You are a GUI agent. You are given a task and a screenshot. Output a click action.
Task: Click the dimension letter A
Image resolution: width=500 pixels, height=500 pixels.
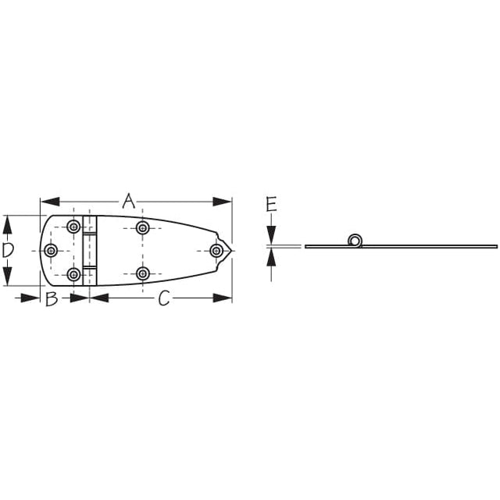tap(128, 201)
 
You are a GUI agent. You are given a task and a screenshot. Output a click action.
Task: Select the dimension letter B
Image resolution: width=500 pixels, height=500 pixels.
tap(52, 298)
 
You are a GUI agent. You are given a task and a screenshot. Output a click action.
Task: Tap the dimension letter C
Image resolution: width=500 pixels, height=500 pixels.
tap(164, 298)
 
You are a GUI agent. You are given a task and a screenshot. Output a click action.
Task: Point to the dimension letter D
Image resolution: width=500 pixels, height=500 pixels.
tap(7, 250)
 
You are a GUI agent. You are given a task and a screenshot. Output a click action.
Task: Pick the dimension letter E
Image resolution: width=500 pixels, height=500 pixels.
tap(271, 205)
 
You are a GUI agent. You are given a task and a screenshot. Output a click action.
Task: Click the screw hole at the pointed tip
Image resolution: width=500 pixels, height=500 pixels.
tap(216, 250)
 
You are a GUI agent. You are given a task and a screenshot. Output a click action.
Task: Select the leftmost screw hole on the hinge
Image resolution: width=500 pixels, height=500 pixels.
tap(51, 250)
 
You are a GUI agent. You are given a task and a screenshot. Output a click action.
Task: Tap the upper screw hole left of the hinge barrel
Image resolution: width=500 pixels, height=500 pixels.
tap(73, 227)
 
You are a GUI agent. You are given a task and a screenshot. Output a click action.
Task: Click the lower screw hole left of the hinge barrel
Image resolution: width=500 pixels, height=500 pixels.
tap(73, 274)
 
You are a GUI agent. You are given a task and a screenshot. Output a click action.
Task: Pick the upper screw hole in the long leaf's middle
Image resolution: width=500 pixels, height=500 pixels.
tap(142, 228)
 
